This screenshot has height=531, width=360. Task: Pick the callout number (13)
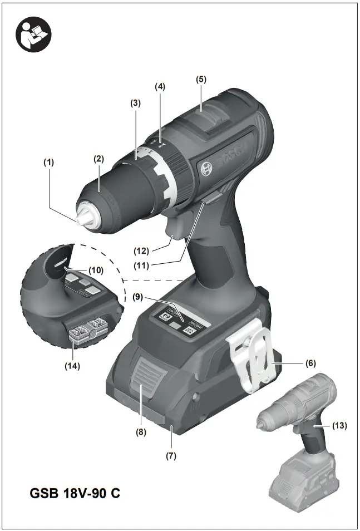click(x=339, y=426)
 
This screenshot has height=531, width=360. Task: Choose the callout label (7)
click(x=171, y=456)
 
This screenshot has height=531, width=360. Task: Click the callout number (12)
click(x=144, y=244)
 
